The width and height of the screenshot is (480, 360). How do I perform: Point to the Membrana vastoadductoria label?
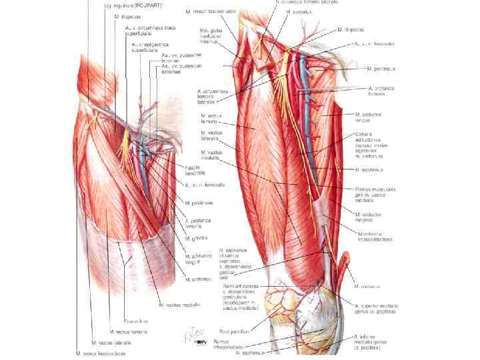coord(373,235)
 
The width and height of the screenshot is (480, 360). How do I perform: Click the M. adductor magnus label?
coord(371,215)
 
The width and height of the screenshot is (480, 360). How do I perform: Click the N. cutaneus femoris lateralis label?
coord(306,3)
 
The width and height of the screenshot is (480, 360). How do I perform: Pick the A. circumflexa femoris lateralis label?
coord(211,97)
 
